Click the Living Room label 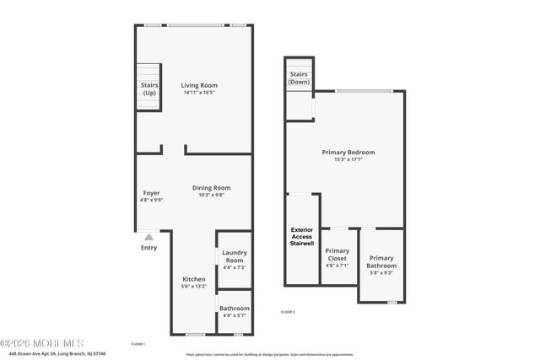tap(199, 85)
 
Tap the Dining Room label tap(211, 188)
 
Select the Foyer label tap(151, 193)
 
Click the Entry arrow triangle tap(148, 238)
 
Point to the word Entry tap(148, 248)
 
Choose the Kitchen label tap(194, 279)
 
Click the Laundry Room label tap(234, 256)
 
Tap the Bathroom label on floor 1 tap(234, 309)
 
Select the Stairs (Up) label tap(149, 89)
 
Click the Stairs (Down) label tap(300, 78)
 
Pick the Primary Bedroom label tap(348, 153)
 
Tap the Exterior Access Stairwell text tap(302, 237)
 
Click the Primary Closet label tap(337, 255)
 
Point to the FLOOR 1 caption tap(138, 344)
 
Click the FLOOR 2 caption tap(288, 312)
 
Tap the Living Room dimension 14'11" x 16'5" tap(199, 93)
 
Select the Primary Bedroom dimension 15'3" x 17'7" tap(348, 160)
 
